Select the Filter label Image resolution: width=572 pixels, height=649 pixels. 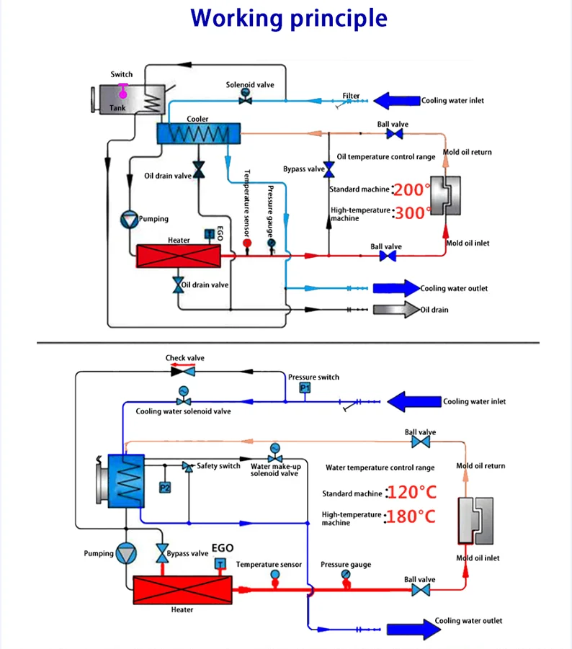(x=351, y=96)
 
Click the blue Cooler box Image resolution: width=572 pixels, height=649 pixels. (x=198, y=133)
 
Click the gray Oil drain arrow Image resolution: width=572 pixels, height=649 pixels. (x=396, y=310)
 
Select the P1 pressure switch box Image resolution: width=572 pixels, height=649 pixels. (x=305, y=388)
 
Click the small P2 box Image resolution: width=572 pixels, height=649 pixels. (x=165, y=488)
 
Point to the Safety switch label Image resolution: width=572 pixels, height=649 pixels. (x=218, y=466)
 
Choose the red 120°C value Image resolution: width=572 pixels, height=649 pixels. (x=411, y=493)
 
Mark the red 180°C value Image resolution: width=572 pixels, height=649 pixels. (x=411, y=516)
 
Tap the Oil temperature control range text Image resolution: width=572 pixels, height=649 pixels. (x=386, y=156)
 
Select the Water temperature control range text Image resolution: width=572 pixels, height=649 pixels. (x=380, y=467)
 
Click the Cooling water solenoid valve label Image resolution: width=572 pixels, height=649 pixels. (x=184, y=411)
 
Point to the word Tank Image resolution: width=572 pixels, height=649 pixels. (x=117, y=107)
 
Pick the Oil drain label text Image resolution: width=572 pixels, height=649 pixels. (x=434, y=310)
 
